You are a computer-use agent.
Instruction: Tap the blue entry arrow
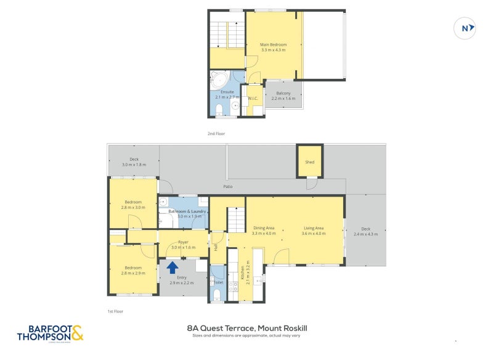point(173,267)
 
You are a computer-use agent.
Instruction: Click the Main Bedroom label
point(273,44)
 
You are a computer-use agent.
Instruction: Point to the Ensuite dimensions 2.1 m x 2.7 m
point(224,97)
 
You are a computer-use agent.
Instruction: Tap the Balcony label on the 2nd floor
point(283,93)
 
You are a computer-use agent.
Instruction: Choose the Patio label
point(227,187)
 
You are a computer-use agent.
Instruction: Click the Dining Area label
point(263,228)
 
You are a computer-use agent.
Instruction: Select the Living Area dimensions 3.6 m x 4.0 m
point(313,234)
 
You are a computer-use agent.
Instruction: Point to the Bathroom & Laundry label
point(183,211)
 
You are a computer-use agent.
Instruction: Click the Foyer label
point(183,242)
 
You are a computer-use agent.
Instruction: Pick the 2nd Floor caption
point(216,133)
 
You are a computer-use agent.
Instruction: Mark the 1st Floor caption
point(115,311)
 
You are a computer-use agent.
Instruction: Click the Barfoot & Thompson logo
point(49,333)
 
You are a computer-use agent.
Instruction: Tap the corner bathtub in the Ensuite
point(218,80)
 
